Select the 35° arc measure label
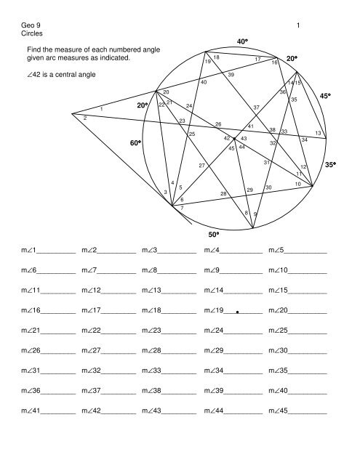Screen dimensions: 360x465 pyautogui.click(x=329, y=165)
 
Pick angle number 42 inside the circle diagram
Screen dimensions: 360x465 pyautogui.click(x=227, y=138)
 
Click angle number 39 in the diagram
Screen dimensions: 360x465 pyautogui.click(x=231, y=76)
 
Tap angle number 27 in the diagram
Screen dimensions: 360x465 pyautogui.click(x=201, y=166)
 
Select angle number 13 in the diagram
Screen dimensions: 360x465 pyautogui.click(x=318, y=132)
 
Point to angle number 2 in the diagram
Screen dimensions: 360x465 pyautogui.click(x=85, y=118)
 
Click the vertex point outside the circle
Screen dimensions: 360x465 pyautogui.click(x=72, y=113)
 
